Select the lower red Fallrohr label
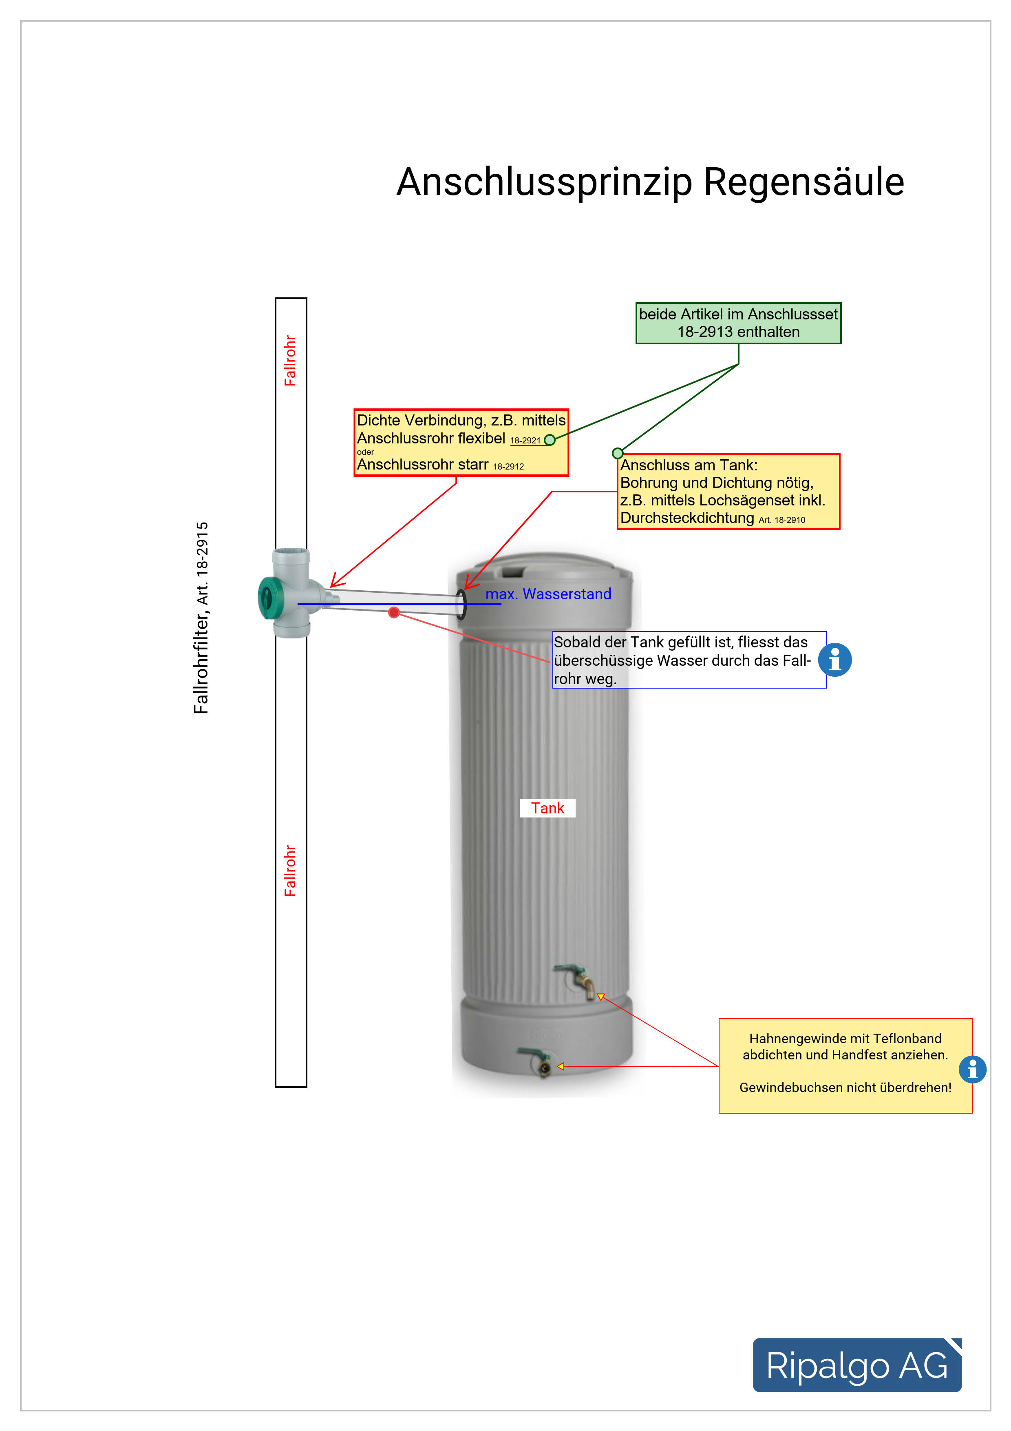(x=290, y=870)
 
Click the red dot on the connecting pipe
(x=394, y=613)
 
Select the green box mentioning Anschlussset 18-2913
(x=738, y=323)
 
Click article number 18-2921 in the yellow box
(x=525, y=441)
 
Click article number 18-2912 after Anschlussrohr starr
(x=508, y=466)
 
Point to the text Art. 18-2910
(x=782, y=520)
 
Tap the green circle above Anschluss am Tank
(x=617, y=453)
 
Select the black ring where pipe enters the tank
(x=461, y=604)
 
